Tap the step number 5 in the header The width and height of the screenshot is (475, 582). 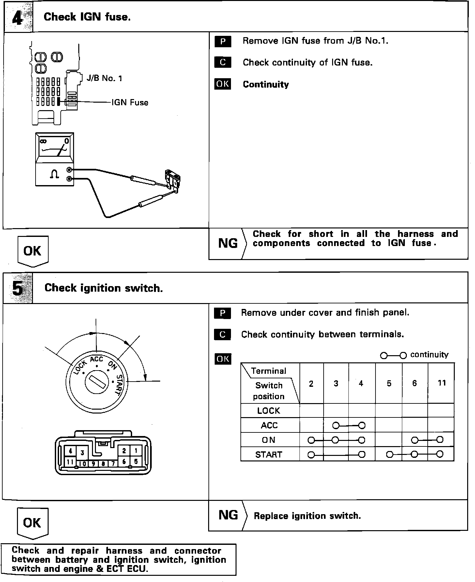[18, 288]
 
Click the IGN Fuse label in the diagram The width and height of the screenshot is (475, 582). [130, 103]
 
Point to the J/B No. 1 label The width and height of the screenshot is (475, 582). [104, 78]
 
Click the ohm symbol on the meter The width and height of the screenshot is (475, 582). [54, 174]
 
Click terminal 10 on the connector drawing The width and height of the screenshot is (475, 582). [83, 463]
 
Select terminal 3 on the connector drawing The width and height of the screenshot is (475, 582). [83, 453]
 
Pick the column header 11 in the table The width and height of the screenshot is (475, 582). [441, 383]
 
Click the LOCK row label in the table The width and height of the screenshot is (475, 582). [268, 411]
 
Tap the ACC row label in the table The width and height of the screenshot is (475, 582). [269, 425]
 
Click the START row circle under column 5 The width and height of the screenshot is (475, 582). [389, 454]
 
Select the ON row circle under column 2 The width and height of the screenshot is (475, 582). [311, 440]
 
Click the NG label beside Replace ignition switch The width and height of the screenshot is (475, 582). [228, 515]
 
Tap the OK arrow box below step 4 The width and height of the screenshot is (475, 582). [33, 251]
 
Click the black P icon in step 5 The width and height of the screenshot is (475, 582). [223, 313]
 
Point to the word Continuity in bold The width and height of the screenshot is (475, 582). [266, 84]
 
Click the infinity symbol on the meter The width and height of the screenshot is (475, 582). [43, 141]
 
